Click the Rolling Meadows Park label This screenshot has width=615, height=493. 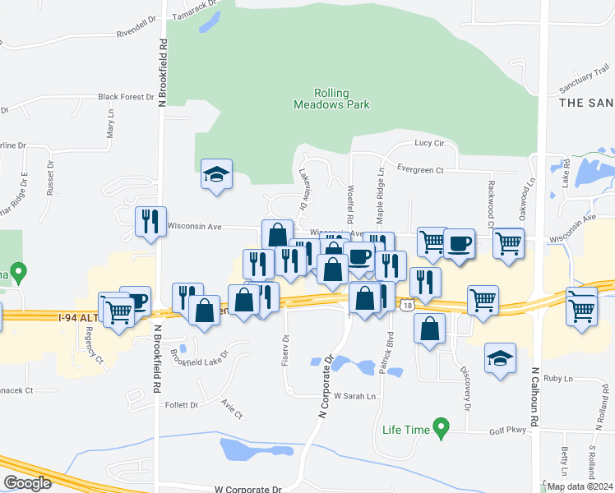click(331, 99)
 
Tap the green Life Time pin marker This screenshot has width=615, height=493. click(442, 427)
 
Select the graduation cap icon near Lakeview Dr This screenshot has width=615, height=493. click(216, 174)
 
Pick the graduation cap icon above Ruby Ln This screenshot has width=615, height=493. click(500, 358)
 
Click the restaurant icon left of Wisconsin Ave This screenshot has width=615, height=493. click(150, 222)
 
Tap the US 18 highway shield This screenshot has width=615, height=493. click(408, 305)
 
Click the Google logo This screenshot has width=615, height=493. click(27, 483)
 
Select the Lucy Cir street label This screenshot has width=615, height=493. click(429, 143)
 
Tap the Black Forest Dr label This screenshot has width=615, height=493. click(127, 97)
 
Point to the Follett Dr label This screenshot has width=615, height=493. click(183, 405)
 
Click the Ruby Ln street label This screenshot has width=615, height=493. click(557, 379)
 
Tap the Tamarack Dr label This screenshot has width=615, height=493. click(196, 15)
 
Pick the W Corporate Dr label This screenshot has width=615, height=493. click(247, 488)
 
